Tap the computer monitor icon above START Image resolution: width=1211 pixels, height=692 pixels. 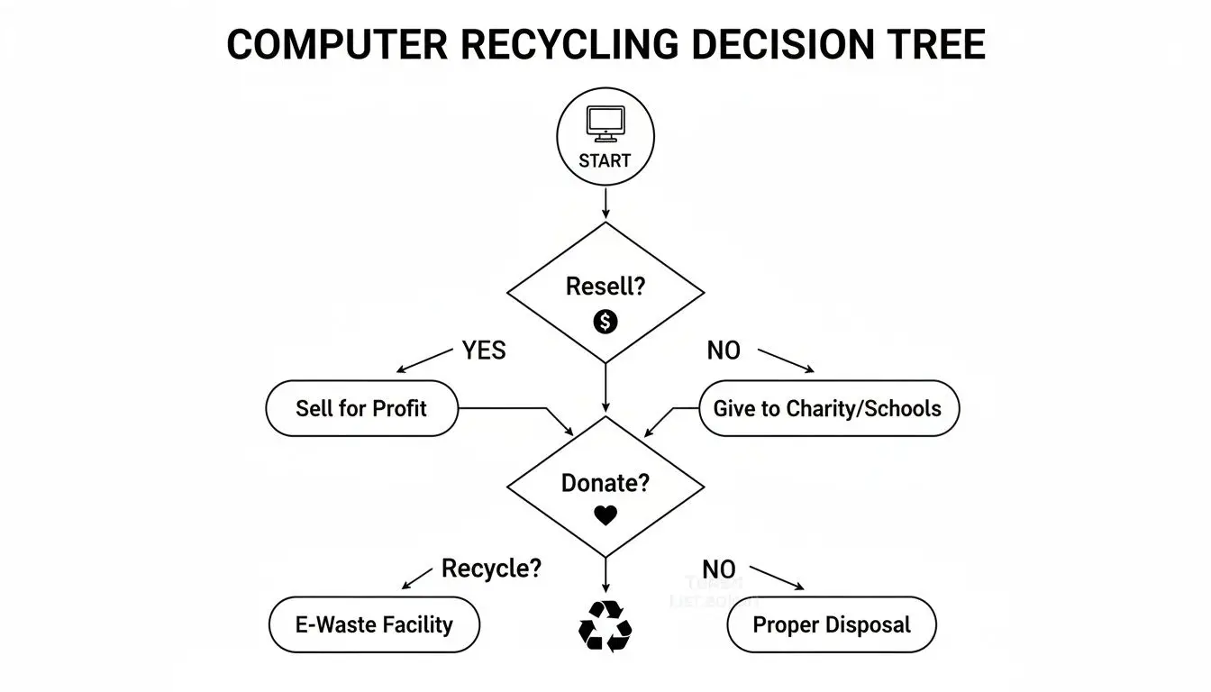click(x=605, y=123)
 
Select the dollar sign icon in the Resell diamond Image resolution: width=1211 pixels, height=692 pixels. click(x=605, y=321)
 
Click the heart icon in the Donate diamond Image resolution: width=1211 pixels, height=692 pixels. click(x=605, y=515)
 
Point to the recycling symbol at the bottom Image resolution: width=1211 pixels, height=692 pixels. click(x=605, y=624)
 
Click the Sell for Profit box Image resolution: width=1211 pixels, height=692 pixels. click(x=361, y=408)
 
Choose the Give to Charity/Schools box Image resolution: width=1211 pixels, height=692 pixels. click(x=829, y=408)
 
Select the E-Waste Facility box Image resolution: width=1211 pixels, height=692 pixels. click(x=374, y=624)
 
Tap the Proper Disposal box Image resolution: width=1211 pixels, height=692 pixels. click(x=832, y=624)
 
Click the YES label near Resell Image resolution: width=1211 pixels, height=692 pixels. click(x=484, y=351)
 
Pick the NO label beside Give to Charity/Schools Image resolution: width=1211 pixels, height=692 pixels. click(x=723, y=351)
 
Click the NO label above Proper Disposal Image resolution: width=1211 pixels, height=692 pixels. click(x=718, y=569)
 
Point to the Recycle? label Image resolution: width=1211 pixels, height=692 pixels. click(x=491, y=569)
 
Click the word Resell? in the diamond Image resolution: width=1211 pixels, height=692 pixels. click(x=605, y=287)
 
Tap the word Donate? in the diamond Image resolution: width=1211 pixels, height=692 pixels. click(x=605, y=482)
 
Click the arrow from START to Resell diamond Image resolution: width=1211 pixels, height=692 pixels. click(x=605, y=204)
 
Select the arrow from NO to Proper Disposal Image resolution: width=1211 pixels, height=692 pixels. click(x=776, y=578)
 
